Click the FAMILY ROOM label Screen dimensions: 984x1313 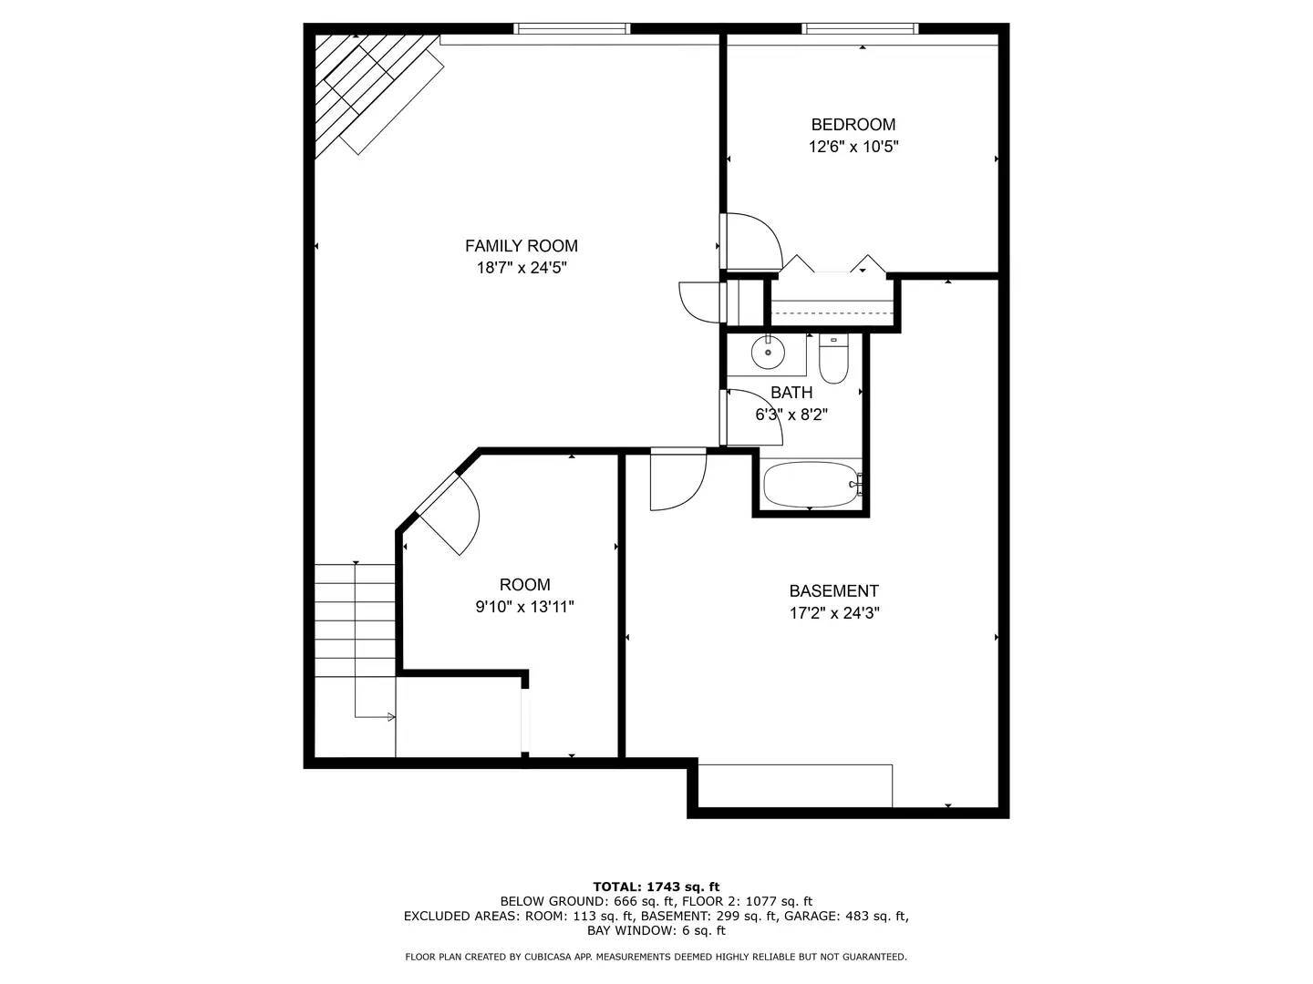(521, 246)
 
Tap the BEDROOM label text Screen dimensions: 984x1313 (853, 125)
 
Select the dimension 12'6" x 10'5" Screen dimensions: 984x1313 (853, 147)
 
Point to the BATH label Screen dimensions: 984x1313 (791, 393)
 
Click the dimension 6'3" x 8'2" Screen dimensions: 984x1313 (791, 415)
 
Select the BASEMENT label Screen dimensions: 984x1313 (833, 591)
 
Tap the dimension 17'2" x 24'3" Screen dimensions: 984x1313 (833, 613)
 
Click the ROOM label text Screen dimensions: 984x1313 (524, 585)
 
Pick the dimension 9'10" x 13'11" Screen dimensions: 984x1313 (524, 607)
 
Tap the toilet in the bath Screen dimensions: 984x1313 (833, 362)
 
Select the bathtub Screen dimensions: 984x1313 (810, 486)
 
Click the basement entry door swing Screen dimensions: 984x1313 (678, 480)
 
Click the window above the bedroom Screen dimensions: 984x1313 (860, 29)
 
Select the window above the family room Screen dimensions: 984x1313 (572, 29)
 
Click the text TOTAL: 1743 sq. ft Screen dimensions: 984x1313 (656, 887)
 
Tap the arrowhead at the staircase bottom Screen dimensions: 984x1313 (391, 717)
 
